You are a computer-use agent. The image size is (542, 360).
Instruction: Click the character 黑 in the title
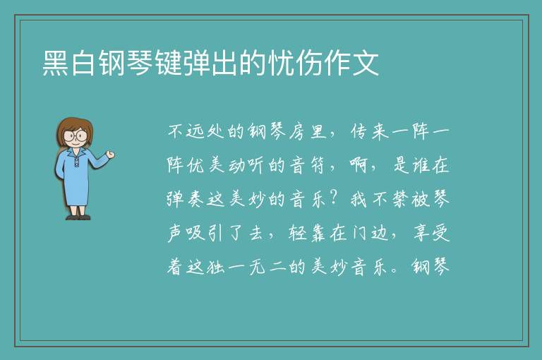tap(56, 63)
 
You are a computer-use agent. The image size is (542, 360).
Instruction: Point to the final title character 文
tap(366, 63)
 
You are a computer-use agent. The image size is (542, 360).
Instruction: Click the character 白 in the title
tap(84, 63)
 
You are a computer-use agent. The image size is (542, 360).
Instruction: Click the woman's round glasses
tap(76, 136)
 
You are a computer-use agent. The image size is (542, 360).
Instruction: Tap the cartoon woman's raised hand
tap(110, 155)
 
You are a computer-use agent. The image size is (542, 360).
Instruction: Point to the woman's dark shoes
tap(78, 217)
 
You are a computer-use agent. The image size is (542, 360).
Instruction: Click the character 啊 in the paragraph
tap(358, 165)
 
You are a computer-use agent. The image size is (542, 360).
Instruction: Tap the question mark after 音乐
tap(334, 198)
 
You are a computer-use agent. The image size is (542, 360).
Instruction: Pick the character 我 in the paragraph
tap(358, 200)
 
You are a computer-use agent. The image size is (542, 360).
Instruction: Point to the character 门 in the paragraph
tap(359, 233)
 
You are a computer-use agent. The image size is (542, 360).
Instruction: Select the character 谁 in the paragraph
tap(419, 165)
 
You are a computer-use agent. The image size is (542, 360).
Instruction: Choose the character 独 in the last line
tap(216, 267)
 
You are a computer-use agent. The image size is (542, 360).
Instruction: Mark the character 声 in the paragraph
tap(176, 233)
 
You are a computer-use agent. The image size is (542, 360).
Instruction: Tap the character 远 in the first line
tap(195, 132)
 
